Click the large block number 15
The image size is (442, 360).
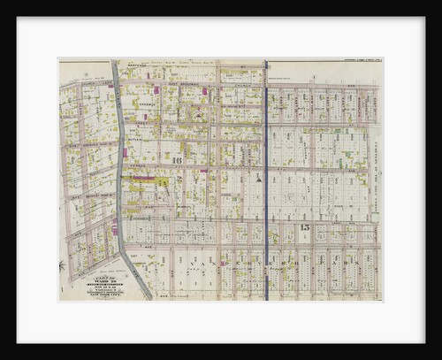point(305,228)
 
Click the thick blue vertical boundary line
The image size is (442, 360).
point(266,177)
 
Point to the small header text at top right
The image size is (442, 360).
point(354,61)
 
